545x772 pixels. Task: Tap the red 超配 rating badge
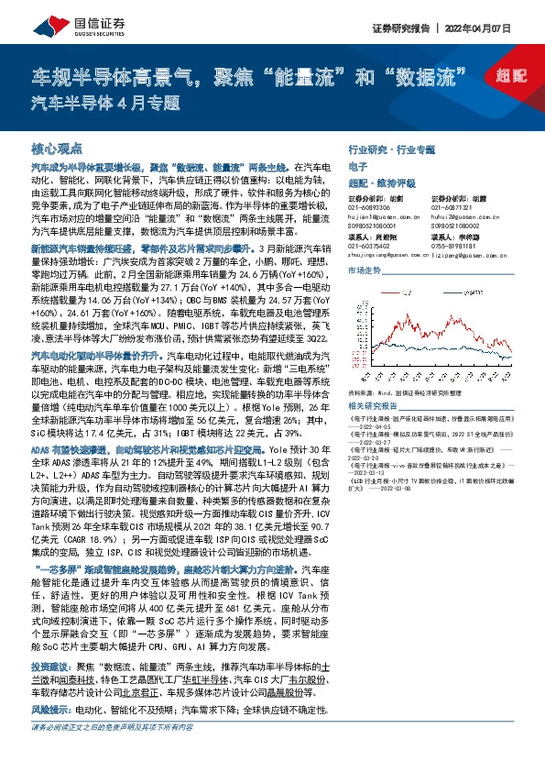click(x=502, y=79)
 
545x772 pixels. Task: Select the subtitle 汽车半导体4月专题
click(x=105, y=102)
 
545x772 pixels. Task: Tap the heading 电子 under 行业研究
click(x=358, y=166)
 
